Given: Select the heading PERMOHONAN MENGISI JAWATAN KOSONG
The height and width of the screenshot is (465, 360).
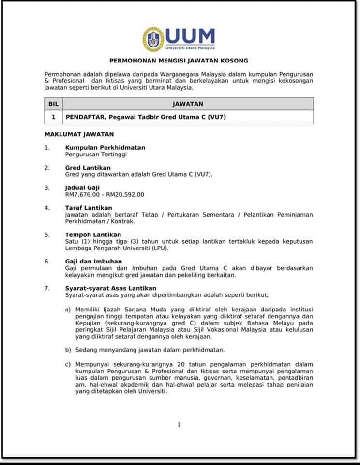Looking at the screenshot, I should pyautogui.click(x=179, y=61).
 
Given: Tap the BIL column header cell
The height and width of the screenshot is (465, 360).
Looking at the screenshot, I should pyautogui.click(x=53, y=104).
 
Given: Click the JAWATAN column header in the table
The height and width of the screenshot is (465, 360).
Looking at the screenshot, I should pyautogui.click(x=188, y=104).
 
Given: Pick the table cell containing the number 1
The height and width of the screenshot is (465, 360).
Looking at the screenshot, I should pyautogui.click(x=53, y=117).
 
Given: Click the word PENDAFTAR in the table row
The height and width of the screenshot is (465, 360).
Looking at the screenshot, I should pyautogui.click(x=86, y=117).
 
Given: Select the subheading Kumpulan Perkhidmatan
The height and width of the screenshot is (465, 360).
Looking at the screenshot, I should pyautogui.click(x=105, y=147).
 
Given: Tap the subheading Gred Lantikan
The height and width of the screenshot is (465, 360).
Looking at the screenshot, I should pyautogui.click(x=88, y=168).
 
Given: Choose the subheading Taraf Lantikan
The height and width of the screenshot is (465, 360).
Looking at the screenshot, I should pyautogui.click(x=89, y=208).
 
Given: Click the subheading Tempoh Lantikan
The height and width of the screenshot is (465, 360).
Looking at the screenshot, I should pyautogui.click(x=93, y=234).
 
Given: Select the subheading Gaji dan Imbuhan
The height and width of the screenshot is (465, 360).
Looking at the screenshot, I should pyautogui.click(x=93, y=262).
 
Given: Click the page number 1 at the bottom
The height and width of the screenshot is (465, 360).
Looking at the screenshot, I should pyautogui.click(x=179, y=425).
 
